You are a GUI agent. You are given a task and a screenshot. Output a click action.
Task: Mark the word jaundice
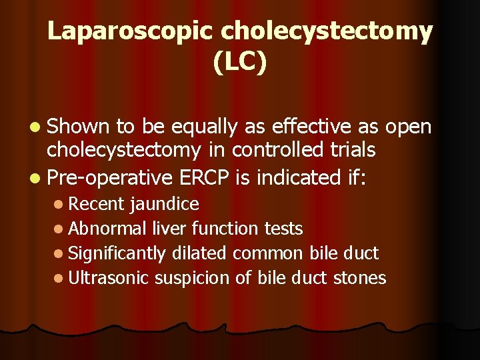point(165,203)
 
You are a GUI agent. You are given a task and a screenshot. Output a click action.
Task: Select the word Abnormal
point(107,229)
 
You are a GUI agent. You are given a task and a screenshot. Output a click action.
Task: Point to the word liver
point(169,229)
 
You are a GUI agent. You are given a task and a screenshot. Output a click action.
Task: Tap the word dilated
point(201,253)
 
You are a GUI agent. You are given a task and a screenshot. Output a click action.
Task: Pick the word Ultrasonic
point(109,277)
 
